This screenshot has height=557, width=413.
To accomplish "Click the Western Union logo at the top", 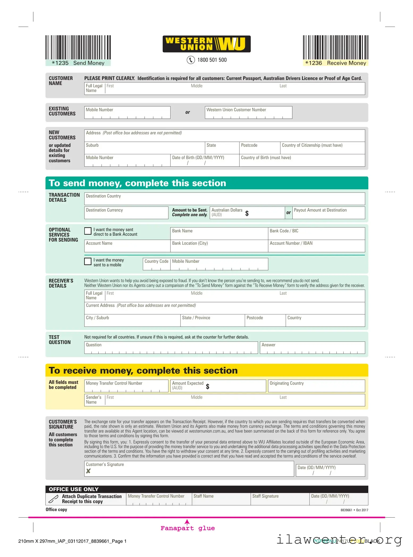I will coord(206,44).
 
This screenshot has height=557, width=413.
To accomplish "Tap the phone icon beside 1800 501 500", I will coord(191,60).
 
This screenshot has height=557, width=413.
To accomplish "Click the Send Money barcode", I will coord(78,47).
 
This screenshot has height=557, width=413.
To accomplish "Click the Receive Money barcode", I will coord(335,47).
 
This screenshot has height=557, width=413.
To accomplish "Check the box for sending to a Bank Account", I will coord(88,231).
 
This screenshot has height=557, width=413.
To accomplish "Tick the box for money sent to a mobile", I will coord(88,261).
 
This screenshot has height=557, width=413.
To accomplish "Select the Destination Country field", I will coord(225,199).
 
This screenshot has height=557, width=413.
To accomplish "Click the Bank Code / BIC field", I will coord(316,234).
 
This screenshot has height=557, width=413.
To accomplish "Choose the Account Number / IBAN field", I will coord(316,246).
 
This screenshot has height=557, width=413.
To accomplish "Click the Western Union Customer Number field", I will coord(248,113).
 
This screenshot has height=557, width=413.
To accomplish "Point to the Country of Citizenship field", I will coord(322,148).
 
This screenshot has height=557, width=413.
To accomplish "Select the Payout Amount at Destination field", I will coord(328,213).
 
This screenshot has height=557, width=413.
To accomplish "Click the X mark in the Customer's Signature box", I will coord(88,471).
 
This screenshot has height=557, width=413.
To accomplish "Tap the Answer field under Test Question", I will coord(312,348).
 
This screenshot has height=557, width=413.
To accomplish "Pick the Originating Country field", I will coord(316,386).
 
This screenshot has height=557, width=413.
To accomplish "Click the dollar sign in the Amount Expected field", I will coord(208,386).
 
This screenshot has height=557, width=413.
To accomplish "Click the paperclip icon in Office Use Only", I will coord(53,499).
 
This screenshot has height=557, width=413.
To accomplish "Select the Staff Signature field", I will coord(280,499).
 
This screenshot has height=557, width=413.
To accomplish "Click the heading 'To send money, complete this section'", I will coord(137,183).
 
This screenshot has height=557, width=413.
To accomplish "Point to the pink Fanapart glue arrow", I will coord(187,522).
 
